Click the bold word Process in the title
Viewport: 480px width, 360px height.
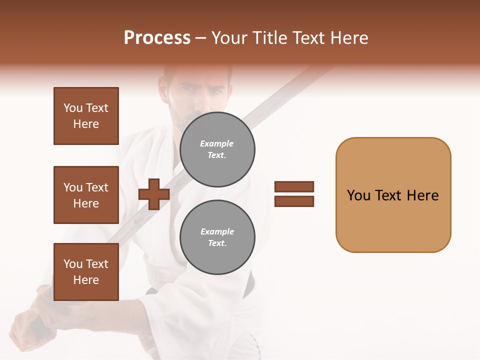pyautogui.click(x=157, y=38)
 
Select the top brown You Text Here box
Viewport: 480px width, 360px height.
pyautogui.click(x=86, y=116)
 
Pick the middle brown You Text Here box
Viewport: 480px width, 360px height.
pyautogui.click(x=86, y=195)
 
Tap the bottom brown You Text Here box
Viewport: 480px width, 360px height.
pyautogui.click(x=86, y=272)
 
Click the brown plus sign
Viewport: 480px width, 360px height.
pyautogui.click(x=154, y=194)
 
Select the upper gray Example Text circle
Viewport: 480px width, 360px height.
pyautogui.click(x=217, y=149)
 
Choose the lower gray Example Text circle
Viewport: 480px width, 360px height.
pyautogui.click(x=217, y=237)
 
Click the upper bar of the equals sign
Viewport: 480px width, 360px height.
pyautogui.click(x=294, y=186)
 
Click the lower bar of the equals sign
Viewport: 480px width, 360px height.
pyautogui.click(x=294, y=201)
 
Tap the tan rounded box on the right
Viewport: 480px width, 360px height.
pyautogui.click(x=393, y=194)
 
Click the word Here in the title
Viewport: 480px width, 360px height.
pyautogui.click(x=349, y=38)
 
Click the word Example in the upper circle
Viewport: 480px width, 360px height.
pyautogui.click(x=217, y=143)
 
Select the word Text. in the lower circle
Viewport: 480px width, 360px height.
pyautogui.click(x=217, y=243)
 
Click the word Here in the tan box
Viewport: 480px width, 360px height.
pyautogui.click(x=422, y=195)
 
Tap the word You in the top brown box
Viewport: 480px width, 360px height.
pyautogui.click(x=73, y=108)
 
